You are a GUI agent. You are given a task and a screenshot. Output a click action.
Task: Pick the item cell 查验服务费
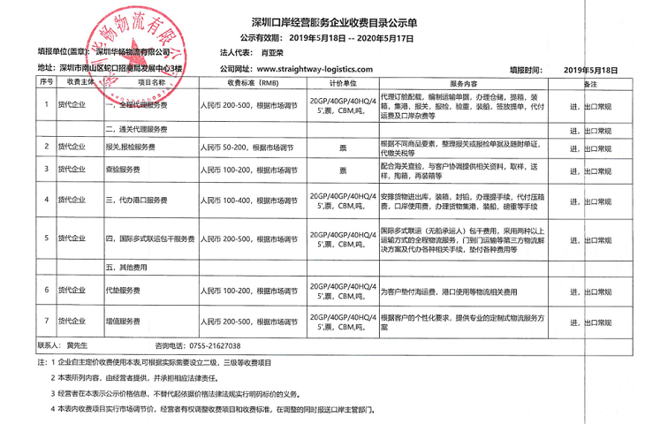[x=124, y=168]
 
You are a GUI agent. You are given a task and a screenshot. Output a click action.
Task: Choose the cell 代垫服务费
[x=124, y=290]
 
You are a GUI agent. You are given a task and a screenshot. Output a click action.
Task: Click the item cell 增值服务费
[x=124, y=321]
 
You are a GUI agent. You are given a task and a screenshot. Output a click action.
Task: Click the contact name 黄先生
[x=79, y=345]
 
